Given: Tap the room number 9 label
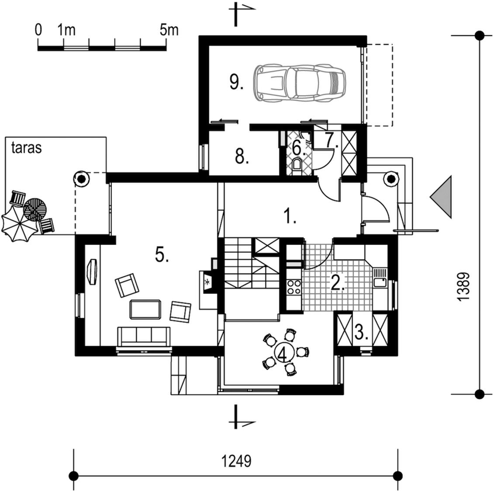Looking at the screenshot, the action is point(236,83).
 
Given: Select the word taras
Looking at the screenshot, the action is point(27,148).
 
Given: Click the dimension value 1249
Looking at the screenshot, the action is point(237,461).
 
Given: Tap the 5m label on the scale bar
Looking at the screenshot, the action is point(169,30).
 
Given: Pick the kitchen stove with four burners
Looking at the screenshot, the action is point(294,287).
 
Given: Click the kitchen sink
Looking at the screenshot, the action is point(380,278).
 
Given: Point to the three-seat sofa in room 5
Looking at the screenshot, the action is point(144,337).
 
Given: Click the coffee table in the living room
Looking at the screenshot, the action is point(145,310).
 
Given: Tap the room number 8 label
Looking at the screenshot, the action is point(242,157).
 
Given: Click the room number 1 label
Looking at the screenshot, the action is point(290,216).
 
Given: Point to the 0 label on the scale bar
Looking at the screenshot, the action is point(38,30).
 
